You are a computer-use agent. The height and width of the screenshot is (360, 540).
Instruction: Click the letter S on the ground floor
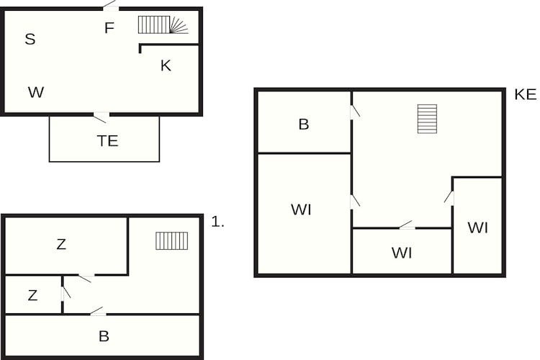tap(30, 39)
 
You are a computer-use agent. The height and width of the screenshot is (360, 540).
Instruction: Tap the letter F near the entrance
tap(109, 28)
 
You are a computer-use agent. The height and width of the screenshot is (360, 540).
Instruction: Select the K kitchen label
tap(166, 66)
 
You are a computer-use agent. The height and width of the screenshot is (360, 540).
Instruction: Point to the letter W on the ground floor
tap(36, 92)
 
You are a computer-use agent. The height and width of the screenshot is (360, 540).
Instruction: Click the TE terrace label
tap(108, 141)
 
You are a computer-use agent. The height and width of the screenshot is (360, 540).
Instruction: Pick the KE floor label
tap(525, 94)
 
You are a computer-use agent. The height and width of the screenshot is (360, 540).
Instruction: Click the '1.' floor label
tap(217, 222)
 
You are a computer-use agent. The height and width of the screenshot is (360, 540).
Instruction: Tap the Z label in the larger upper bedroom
tap(61, 244)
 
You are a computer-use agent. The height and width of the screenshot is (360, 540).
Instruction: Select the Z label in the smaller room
tap(32, 295)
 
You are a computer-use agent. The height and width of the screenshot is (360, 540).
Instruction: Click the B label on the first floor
tap(104, 336)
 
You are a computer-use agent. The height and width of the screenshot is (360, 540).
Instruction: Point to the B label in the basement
tap(304, 125)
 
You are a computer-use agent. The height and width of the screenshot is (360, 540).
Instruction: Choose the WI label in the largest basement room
tap(302, 210)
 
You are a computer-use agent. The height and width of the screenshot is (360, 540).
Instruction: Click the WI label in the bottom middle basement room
tap(402, 253)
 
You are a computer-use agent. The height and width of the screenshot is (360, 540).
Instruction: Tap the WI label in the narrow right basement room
tap(478, 228)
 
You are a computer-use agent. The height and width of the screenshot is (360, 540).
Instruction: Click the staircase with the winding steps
tap(163, 24)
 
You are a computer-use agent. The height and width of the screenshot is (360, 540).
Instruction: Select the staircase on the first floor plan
tap(172, 240)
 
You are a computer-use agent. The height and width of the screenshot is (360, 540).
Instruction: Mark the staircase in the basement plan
tap(428, 119)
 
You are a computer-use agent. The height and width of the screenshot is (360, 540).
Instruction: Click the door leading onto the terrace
tap(102, 117)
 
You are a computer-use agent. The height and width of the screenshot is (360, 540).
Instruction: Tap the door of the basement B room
tap(355, 112)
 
